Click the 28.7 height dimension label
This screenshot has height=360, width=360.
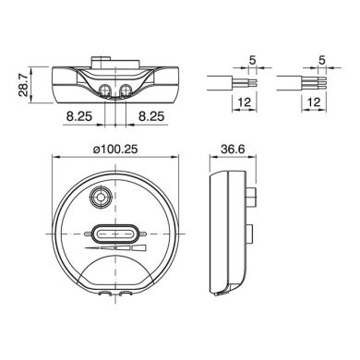[23, 85]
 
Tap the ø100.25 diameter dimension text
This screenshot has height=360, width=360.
[115, 150]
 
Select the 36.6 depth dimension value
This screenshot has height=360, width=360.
[233, 150]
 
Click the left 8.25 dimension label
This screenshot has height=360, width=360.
[79, 116]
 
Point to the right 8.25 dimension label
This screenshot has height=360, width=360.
[151, 116]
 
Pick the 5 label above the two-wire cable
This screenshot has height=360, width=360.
[252, 60]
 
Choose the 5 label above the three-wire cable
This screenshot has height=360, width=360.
[322, 60]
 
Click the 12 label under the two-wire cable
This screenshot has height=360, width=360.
[245, 102]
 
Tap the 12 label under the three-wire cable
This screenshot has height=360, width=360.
[314, 102]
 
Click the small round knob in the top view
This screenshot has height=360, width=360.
[101, 197]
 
